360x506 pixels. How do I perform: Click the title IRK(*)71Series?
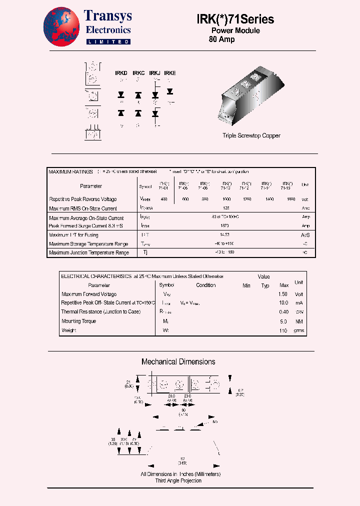[x=234, y=19]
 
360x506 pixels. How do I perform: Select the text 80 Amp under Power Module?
[x=221, y=39]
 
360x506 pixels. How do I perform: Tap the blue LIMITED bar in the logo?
[x=108, y=42]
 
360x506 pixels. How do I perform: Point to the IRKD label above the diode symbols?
[x=121, y=73]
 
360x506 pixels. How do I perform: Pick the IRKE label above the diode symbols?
[x=170, y=73]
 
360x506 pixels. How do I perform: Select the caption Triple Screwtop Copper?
[x=251, y=135]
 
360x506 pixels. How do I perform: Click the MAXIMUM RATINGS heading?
[x=70, y=172]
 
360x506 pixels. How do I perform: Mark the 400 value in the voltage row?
[x=164, y=199]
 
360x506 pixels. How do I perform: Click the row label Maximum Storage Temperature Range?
[x=88, y=244]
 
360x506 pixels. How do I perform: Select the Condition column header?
[x=206, y=285]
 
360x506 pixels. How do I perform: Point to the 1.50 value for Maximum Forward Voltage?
[x=283, y=294]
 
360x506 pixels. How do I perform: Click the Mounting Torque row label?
[x=79, y=321]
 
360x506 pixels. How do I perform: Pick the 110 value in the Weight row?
[x=283, y=331]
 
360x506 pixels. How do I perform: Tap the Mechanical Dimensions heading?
[x=178, y=361]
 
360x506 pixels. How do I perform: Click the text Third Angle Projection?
[x=178, y=480]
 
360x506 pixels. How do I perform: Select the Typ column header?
[x=265, y=285]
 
